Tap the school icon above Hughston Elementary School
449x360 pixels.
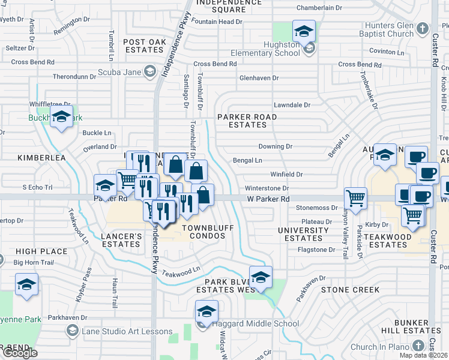(304, 31)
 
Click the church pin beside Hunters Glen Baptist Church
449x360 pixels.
(423, 28)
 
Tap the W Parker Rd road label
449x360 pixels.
(268, 199)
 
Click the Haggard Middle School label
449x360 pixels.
(255, 324)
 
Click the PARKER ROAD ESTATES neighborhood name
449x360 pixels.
(247, 121)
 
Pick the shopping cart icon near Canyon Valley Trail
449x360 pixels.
(356, 198)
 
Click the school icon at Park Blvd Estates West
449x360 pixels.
(261, 277)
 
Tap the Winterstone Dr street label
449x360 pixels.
(267, 188)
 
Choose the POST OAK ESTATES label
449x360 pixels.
(144, 46)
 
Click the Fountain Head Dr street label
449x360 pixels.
(217, 22)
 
